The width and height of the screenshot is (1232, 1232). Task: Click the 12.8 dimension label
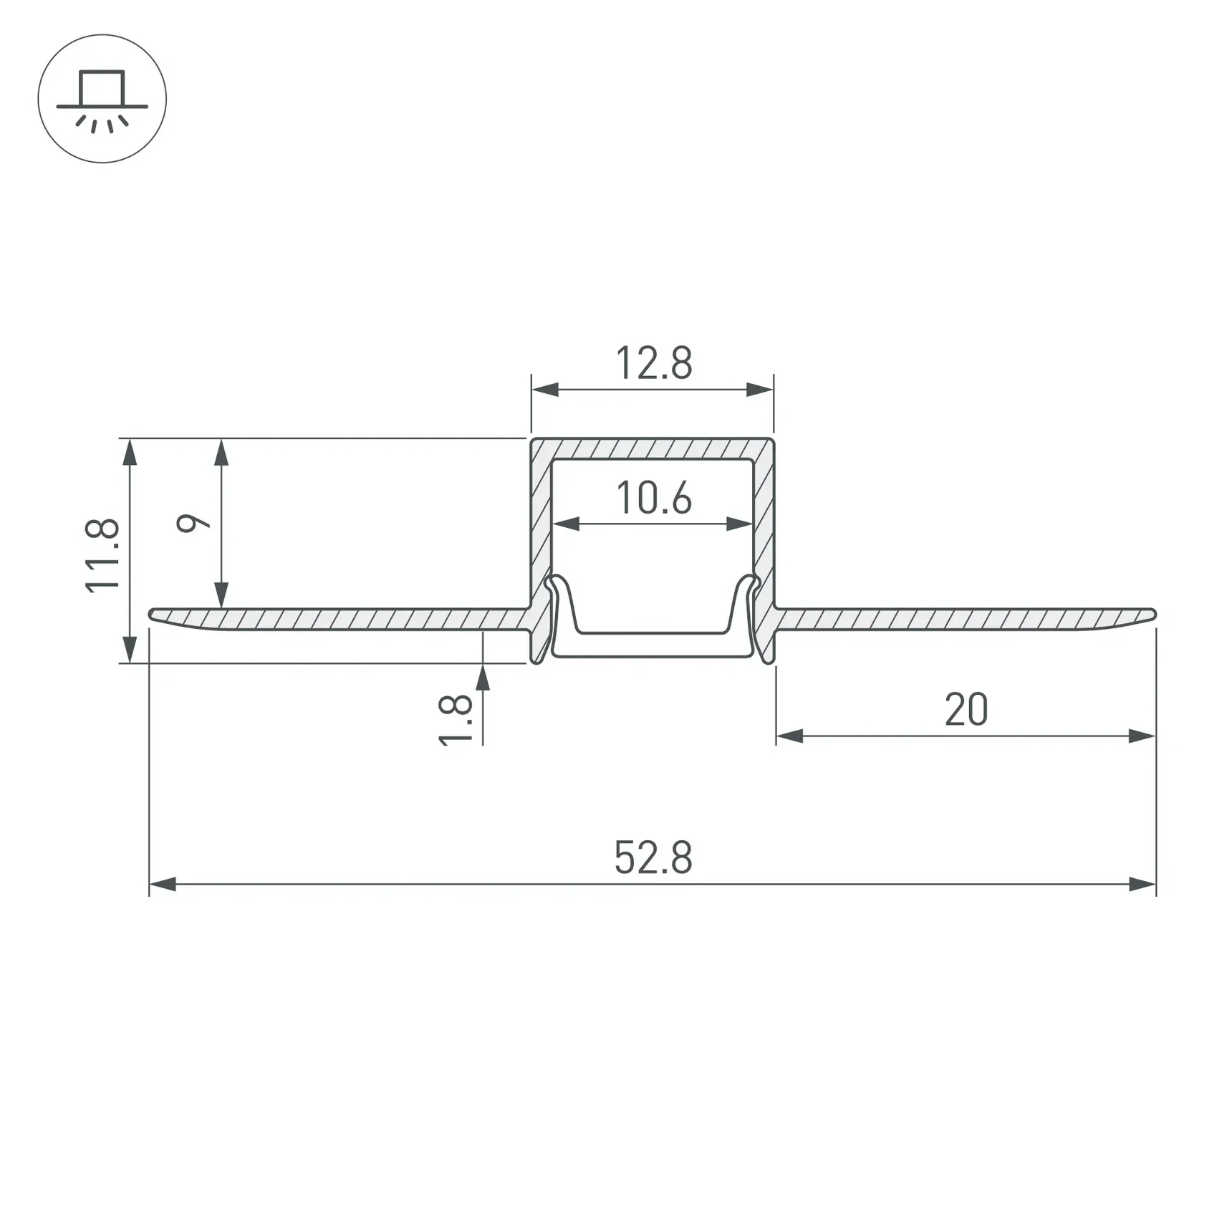coord(653,364)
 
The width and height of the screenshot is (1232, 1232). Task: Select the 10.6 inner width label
coord(653,499)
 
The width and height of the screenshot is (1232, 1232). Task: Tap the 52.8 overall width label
coord(653,858)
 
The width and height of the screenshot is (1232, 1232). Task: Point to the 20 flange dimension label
coord(966,710)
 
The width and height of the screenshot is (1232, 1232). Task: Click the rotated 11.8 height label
coord(102,555)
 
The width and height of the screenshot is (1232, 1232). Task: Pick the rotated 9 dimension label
coord(193,523)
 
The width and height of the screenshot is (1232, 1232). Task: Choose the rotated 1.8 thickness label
coord(456,720)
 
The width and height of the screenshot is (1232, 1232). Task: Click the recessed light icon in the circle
coord(102,99)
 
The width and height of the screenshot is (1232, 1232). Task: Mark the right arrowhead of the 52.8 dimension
coord(1143,884)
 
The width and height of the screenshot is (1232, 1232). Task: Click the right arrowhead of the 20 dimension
coord(1142,736)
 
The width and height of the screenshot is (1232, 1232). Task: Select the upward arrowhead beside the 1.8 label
coord(483,677)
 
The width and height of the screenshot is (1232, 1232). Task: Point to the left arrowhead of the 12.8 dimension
coord(544,390)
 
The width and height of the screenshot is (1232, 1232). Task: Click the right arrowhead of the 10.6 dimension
coord(740,524)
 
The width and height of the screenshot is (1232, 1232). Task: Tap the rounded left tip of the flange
coord(153,614)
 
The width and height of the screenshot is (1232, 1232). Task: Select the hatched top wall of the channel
coord(652,448)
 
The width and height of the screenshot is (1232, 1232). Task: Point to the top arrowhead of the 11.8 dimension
coord(130,452)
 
